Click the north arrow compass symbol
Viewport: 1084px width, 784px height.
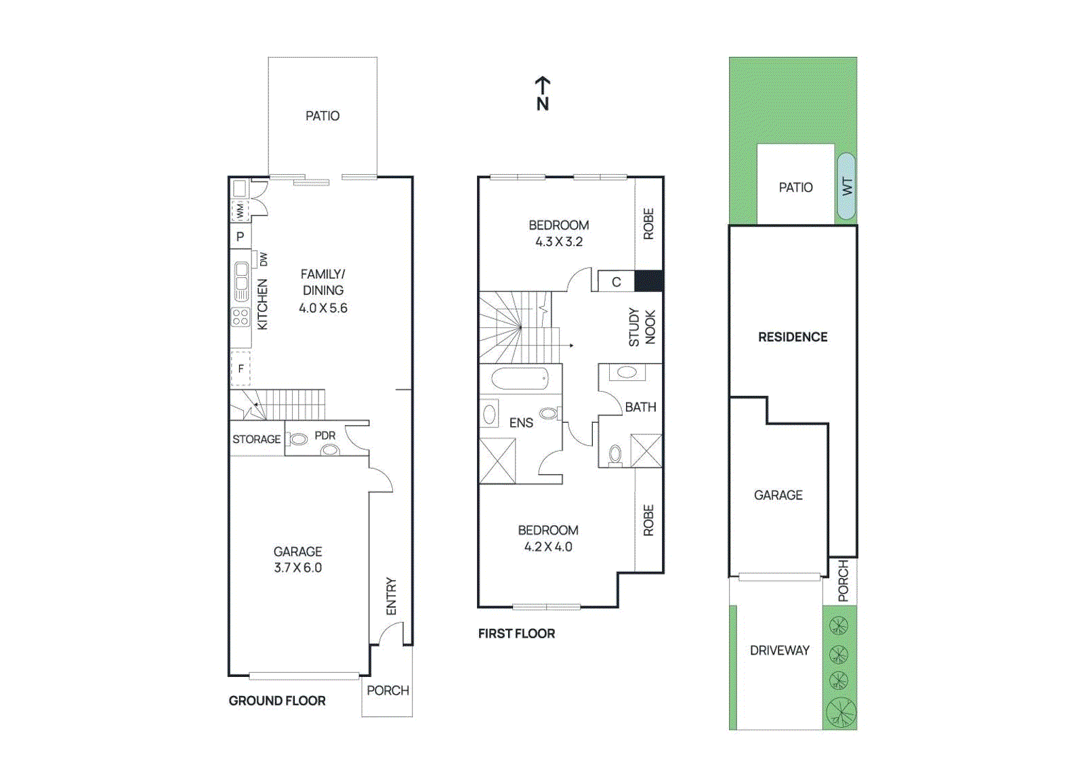point(543,94)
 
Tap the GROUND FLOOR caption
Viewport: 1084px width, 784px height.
point(277,701)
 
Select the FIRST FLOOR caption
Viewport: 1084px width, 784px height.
point(516,634)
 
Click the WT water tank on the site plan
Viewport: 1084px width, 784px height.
point(846,186)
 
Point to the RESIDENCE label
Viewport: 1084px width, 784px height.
point(793,337)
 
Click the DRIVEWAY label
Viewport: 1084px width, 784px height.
point(779,651)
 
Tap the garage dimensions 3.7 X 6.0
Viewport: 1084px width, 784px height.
point(297,568)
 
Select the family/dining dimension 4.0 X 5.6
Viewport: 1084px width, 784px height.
point(323,308)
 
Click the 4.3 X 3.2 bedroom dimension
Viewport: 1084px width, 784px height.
point(559,242)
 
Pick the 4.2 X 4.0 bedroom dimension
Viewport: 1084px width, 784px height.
point(548,547)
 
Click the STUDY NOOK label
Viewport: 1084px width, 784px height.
point(642,327)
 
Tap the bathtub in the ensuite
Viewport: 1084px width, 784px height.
point(520,379)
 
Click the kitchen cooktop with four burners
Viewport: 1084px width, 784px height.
point(241,316)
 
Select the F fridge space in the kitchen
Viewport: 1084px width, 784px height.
point(241,369)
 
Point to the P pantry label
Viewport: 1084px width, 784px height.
point(240,237)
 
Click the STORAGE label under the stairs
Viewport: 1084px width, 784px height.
point(256,439)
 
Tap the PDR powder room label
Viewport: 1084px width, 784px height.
point(325,436)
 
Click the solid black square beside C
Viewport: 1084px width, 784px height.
point(648,281)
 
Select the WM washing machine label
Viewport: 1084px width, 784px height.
point(240,211)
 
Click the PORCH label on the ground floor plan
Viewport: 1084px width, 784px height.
point(388,690)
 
